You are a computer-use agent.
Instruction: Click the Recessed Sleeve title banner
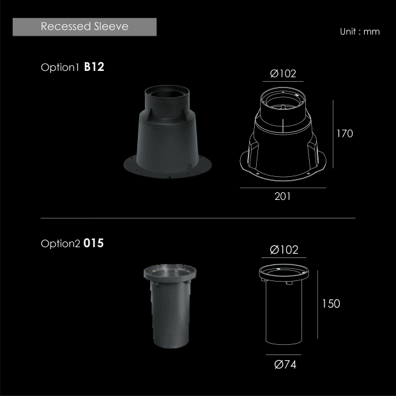pos(84,27)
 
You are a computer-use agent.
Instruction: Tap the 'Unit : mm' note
pos(360,31)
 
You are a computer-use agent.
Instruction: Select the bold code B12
pos(94,67)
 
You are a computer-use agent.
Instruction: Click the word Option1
pos(60,68)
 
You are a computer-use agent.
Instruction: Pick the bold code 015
pos(93,243)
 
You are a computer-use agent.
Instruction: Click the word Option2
pos(61,244)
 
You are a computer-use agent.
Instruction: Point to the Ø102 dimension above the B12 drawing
pos(283,73)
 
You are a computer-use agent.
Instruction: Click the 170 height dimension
pos(344,133)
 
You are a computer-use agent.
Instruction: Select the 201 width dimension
pos(282,197)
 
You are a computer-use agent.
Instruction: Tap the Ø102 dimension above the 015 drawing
pos(284,250)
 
